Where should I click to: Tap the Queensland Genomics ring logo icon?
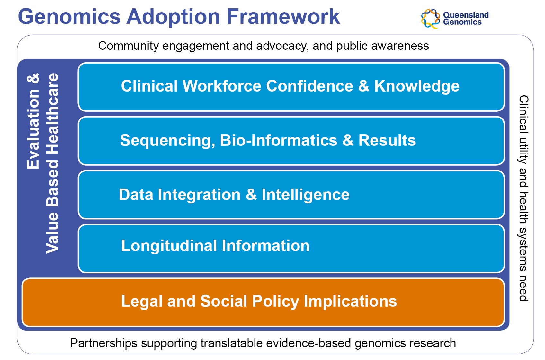coord(430,19)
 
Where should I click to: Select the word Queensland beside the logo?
coord(466,15)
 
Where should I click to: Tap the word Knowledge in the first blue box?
coord(416,86)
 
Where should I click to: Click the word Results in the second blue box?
coord(387,140)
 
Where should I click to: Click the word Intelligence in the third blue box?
coord(306,195)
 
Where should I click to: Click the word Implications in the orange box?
coord(350,302)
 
